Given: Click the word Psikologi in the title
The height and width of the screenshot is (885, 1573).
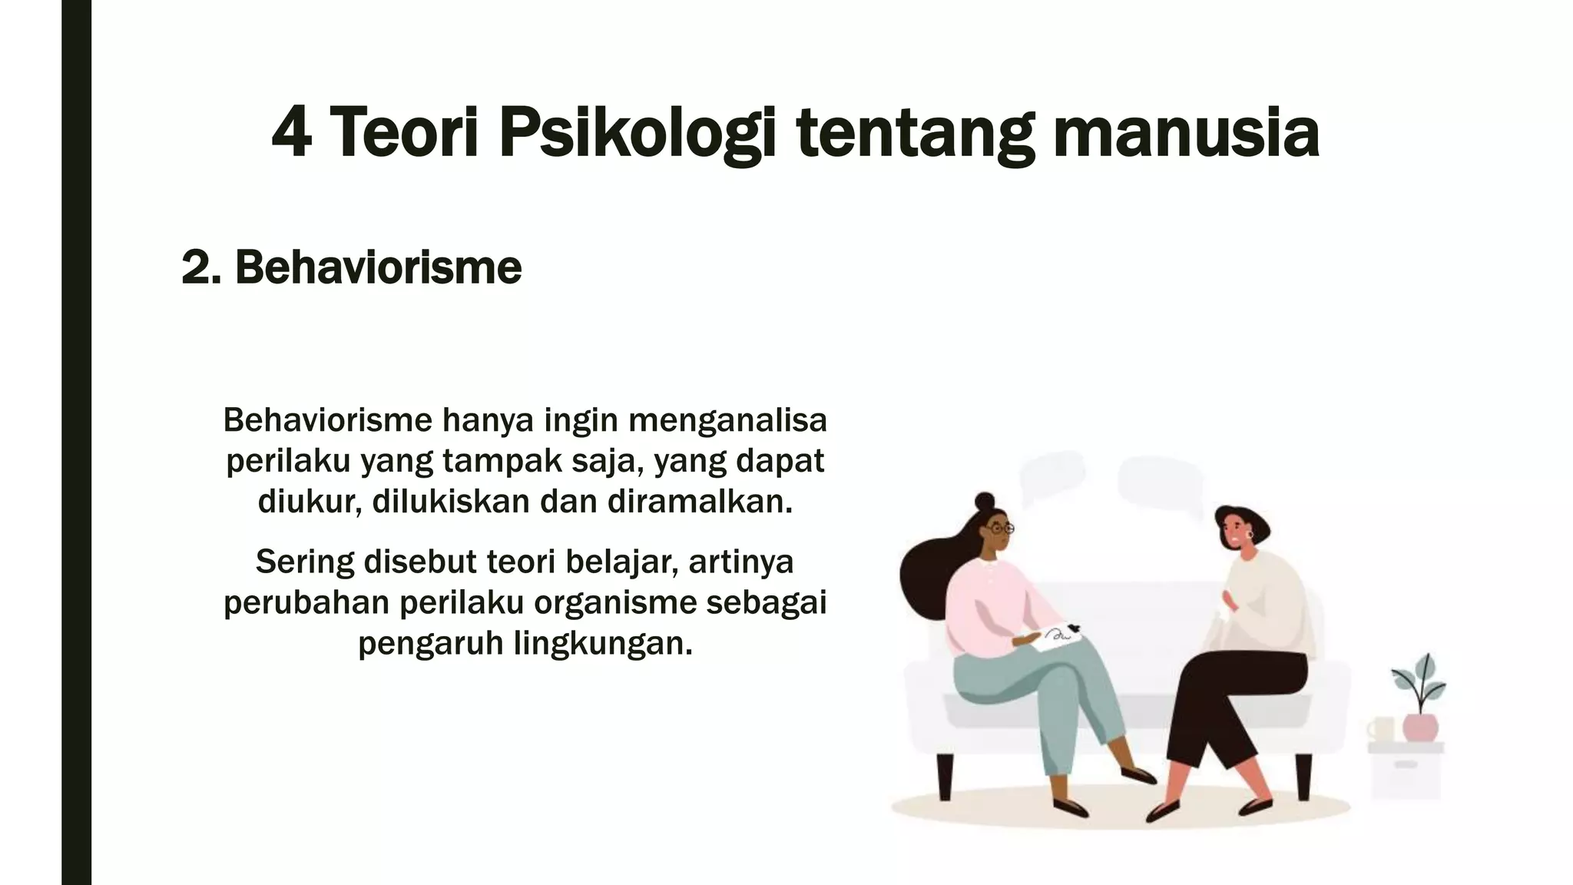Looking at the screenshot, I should click(637, 134).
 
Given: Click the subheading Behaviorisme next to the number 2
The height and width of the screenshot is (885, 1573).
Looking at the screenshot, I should click(378, 267).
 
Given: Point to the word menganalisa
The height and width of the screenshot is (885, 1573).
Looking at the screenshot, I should click(727, 420).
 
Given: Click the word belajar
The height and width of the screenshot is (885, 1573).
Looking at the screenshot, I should click(622, 562).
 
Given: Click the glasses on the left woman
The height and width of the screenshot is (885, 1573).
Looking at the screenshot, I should click(1001, 529).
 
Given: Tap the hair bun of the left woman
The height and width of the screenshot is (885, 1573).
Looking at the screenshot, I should click(984, 501).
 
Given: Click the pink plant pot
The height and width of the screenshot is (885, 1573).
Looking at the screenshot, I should click(1419, 727).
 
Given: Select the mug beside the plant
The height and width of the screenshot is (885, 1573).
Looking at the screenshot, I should click(1380, 729).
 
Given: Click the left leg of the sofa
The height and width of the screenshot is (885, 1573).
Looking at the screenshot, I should click(944, 777).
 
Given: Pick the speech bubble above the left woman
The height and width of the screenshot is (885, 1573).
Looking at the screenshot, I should click(1052, 476).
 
